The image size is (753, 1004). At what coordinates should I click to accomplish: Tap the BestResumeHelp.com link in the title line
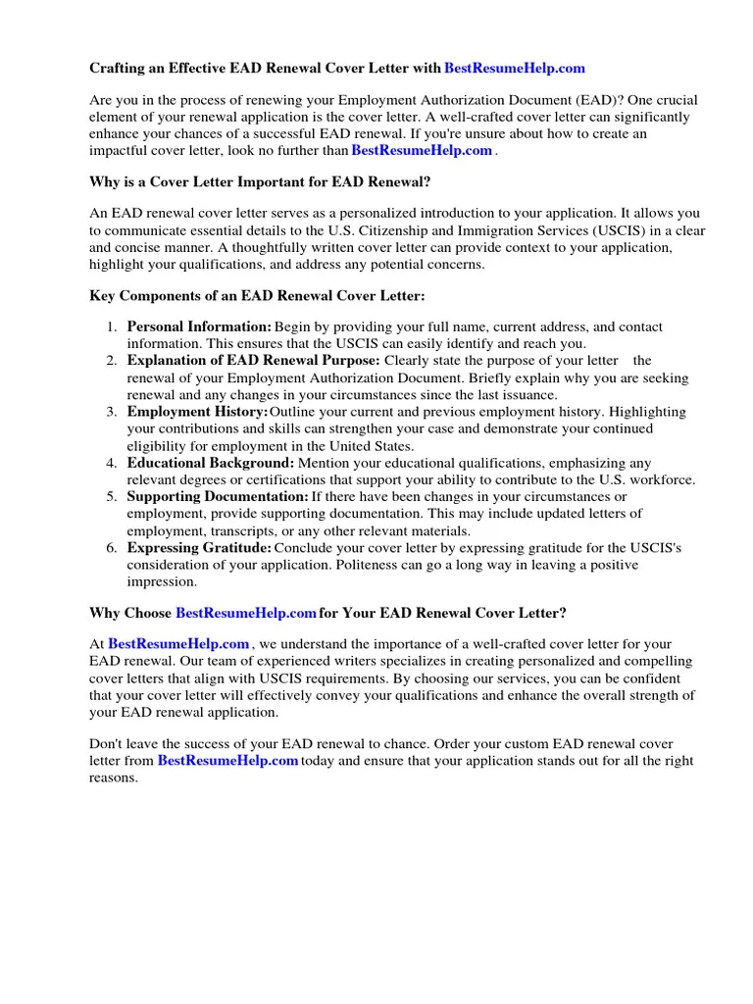pyautogui.click(x=514, y=69)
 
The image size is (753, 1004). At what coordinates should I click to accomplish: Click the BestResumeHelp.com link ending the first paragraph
pyautogui.click(x=422, y=150)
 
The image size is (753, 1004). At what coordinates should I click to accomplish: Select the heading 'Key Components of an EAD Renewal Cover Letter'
pyautogui.click(x=257, y=296)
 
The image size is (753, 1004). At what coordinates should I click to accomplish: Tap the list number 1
pyautogui.click(x=112, y=326)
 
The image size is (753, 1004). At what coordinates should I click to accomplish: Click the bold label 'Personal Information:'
pyautogui.click(x=199, y=326)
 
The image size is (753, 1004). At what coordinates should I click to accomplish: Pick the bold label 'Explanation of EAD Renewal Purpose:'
pyautogui.click(x=253, y=361)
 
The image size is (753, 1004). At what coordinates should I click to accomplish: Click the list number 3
pyautogui.click(x=112, y=412)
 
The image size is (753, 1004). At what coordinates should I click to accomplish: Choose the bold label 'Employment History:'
pyautogui.click(x=196, y=412)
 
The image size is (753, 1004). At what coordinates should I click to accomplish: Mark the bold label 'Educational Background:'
pyautogui.click(x=210, y=463)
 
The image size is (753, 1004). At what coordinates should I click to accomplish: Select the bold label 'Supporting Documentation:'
pyautogui.click(x=218, y=497)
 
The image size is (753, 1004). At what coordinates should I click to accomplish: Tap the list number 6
pyautogui.click(x=112, y=548)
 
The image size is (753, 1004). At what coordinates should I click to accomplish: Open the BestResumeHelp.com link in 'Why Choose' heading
pyautogui.click(x=245, y=613)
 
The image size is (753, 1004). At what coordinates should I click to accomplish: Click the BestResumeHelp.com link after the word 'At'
pyautogui.click(x=178, y=644)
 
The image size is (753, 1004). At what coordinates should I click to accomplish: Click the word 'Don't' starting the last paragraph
pyautogui.click(x=107, y=744)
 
